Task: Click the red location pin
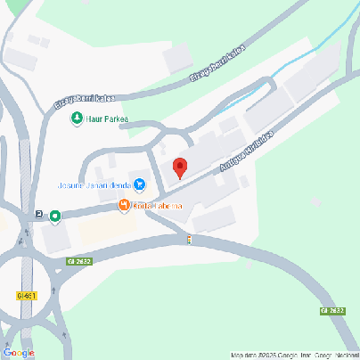click(x=179, y=168)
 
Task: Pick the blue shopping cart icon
click(x=140, y=185)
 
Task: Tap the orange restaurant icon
click(x=124, y=207)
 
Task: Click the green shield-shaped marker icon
click(x=55, y=216)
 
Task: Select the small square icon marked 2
click(x=39, y=215)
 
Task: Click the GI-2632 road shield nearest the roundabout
click(x=78, y=261)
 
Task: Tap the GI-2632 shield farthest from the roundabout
click(x=331, y=310)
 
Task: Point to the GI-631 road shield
click(x=25, y=295)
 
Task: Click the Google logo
click(x=20, y=352)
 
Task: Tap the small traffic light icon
click(x=189, y=239)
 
